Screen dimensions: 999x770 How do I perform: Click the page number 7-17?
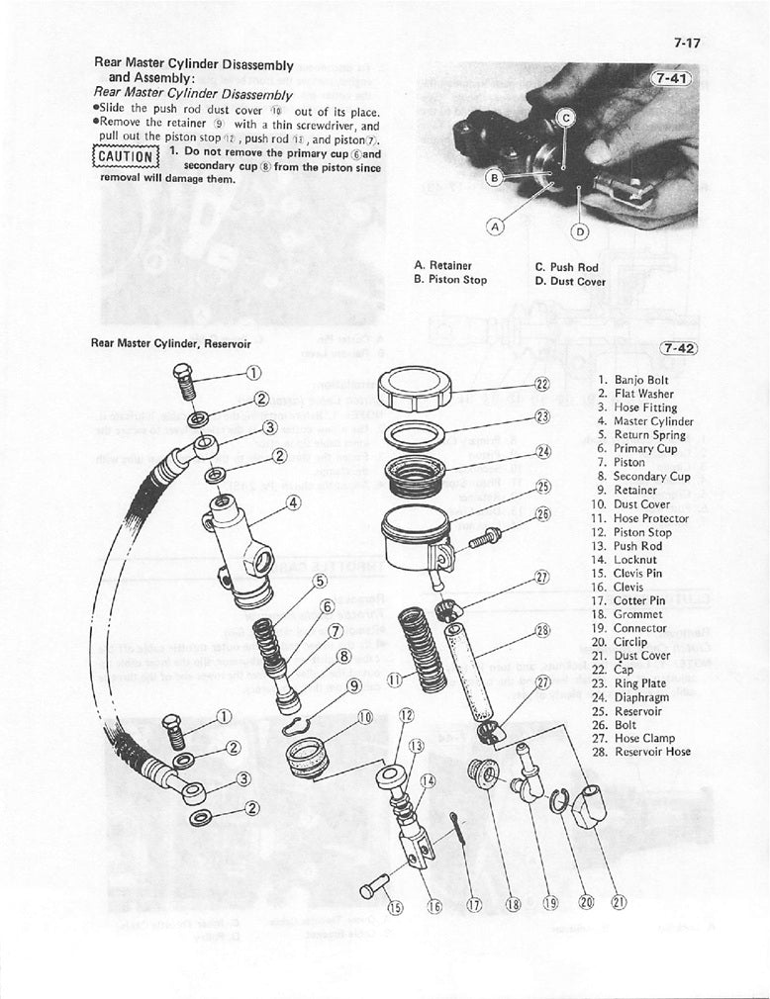(685, 43)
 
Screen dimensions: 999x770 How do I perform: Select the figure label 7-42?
(676, 347)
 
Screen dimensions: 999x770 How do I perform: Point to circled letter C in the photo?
(566, 118)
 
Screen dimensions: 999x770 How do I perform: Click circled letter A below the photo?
(496, 225)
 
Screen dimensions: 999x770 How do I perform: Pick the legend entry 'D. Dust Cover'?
(569, 281)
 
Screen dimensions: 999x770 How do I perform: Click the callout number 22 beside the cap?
(541, 384)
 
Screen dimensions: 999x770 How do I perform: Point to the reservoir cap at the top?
(422, 384)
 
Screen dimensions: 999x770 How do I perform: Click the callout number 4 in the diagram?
(293, 502)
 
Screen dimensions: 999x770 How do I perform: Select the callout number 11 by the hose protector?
(394, 680)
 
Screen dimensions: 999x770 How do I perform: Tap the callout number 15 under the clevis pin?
(396, 908)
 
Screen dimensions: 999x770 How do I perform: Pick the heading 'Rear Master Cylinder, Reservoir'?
(170, 344)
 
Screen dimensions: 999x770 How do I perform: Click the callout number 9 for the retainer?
(354, 683)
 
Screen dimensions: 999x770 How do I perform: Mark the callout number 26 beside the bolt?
(541, 514)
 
